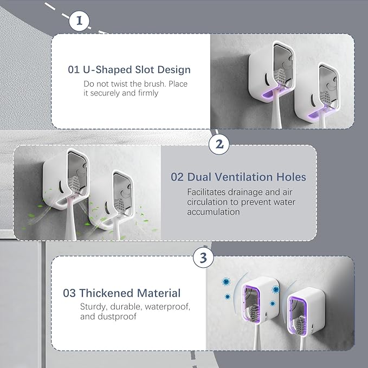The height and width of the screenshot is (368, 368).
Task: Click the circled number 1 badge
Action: click(80, 21)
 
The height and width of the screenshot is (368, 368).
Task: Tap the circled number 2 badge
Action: click(219, 144)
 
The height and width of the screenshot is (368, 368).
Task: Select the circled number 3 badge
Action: click(203, 258)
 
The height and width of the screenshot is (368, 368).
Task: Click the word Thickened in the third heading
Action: click(104, 293)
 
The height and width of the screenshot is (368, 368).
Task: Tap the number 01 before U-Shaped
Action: click(74, 70)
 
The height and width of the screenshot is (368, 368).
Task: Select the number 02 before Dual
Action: click(177, 177)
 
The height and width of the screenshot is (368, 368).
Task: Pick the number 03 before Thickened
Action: click(69, 293)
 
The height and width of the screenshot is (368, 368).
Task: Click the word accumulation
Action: click(214, 211)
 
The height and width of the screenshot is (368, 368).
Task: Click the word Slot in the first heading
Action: click(143, 70)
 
